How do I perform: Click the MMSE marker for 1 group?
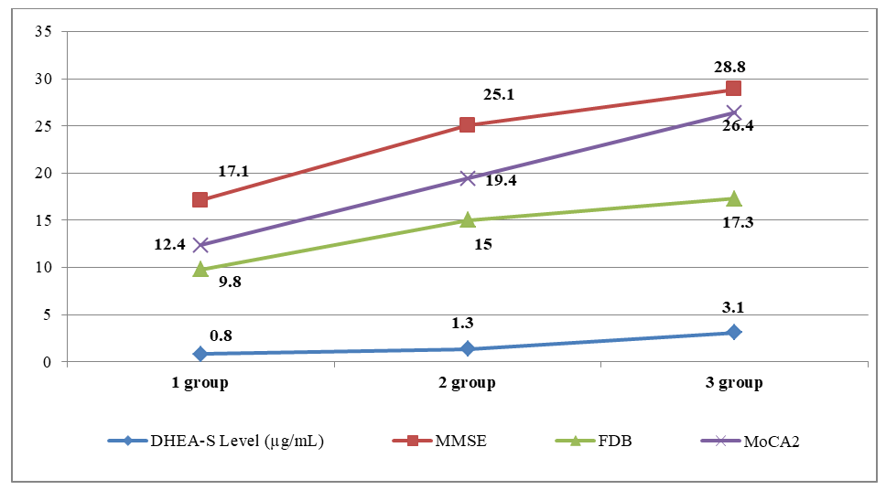click(x=200, y=199)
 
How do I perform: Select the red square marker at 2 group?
click(x=467, y=124)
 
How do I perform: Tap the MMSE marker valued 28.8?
click(x=733, y=89)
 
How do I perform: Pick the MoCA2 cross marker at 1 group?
click(x=200, y=245)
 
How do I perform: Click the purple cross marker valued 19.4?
click(x=467, y=178)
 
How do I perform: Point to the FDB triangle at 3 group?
click(x=733, y=198)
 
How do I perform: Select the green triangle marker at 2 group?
click(x=467, y=219)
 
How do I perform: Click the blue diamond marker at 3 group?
click(x=733, y=332)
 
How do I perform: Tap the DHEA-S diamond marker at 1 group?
click(x=200, y=354)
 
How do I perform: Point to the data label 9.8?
click(x=231, y=282)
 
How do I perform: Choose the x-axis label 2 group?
click(x=467, y=383)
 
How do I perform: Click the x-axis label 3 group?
click(x=733, y=383)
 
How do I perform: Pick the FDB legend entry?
click(x=593, y=441)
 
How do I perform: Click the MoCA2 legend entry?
click(x=760, y=441)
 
